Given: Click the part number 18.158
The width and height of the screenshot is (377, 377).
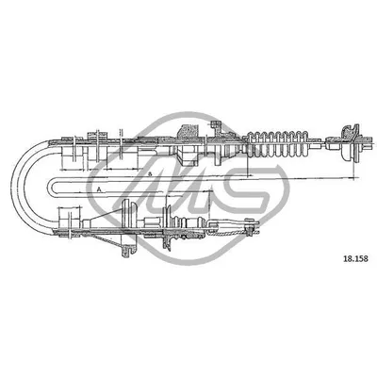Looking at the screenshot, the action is click(355, 259).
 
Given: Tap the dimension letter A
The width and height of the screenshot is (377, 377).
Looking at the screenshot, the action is click(99, 189).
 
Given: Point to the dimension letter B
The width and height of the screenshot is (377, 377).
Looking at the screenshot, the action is click(150, 173).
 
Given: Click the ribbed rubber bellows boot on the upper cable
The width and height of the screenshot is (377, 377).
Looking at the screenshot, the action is click(277, 143).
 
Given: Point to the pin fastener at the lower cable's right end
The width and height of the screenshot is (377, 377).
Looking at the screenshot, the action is click(250, 226).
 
